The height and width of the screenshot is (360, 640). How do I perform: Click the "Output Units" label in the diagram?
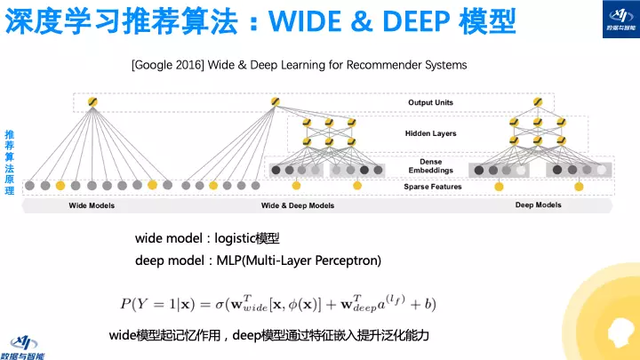click(x=430, y=103)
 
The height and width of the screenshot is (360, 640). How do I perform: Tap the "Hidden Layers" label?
click(x=430, y=133)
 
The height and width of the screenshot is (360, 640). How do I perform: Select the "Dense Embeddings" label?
click(x=430, y=165)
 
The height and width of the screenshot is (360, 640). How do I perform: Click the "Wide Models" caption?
click(x=92, y=205)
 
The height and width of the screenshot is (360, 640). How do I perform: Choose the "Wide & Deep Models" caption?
click(x=297, y=205)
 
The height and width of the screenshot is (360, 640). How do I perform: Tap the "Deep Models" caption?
click(x=538, y=205)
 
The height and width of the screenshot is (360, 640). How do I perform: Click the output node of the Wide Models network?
click(x=92, y=103)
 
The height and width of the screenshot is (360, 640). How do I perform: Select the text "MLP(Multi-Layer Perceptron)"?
click(x=298, y=260)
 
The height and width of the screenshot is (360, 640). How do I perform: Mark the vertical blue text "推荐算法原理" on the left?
click(x=10, y=167)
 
